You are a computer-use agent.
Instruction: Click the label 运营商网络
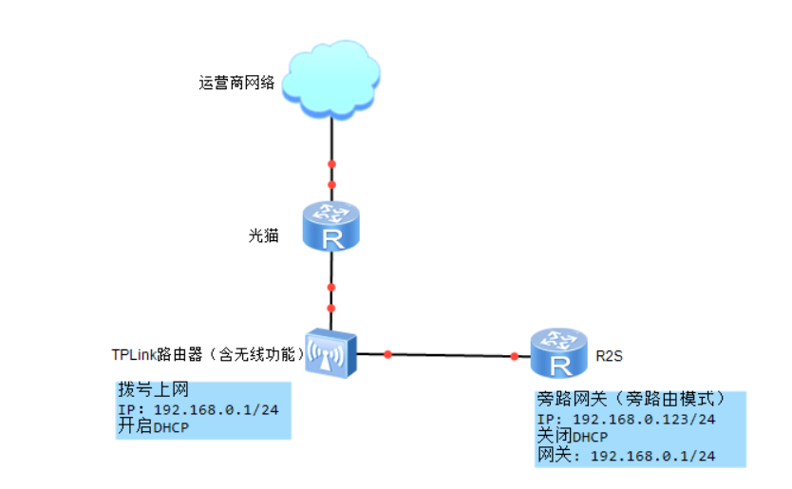click(x=236, y=83)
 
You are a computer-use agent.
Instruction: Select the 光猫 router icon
click(x=331, y=226)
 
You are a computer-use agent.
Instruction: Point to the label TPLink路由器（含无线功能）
click(x=208, y=354)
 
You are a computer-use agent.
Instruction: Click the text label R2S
click(x=610, y=357)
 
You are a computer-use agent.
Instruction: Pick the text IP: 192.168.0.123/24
click(x=626, y=420)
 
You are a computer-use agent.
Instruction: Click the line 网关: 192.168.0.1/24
click(x=626, y=456)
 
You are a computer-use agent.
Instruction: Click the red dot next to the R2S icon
click(x=514, y=356)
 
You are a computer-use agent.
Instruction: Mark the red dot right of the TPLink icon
click(x=387, y=354)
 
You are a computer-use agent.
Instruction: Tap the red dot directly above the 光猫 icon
click(x=331, y=183)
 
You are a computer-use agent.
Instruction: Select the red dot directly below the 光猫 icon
click(x=330, y=287)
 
